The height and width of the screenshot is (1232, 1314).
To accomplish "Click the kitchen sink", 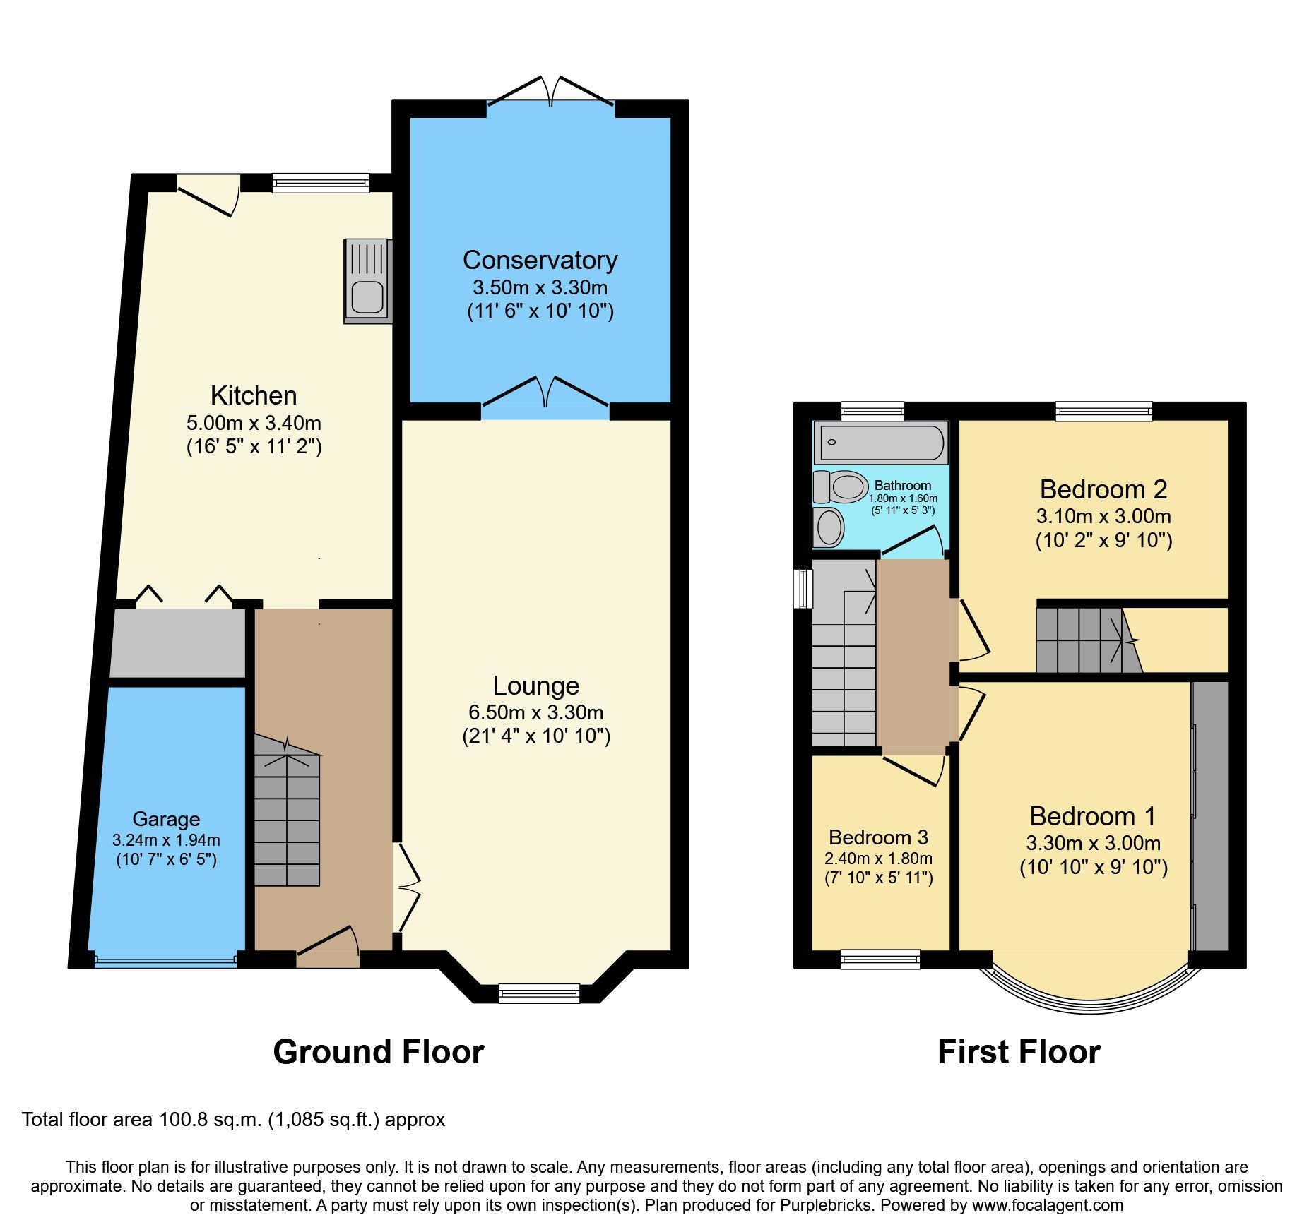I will tap(367, 281).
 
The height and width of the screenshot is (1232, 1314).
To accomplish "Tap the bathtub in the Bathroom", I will tap(880, 443).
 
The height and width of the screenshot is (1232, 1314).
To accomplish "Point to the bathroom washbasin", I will tap(829, 527).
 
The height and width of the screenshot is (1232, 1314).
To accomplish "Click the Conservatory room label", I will tap(540, 260).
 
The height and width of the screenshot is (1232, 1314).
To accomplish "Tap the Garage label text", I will tap(166, 819).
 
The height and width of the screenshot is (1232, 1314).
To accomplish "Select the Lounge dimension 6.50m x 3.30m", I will tap(535, 712).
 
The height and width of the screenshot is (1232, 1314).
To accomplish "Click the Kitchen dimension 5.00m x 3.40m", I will tap(254, 423).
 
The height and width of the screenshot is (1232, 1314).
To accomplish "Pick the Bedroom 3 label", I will tap(878, 837).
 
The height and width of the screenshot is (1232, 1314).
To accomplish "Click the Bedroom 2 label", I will tap(1103, 489).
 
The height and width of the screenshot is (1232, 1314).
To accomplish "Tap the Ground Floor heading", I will tap(378, 1052).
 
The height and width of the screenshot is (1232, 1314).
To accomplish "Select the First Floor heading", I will tap(1018, 1052).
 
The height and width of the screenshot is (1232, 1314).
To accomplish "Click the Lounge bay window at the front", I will tap(539, 993).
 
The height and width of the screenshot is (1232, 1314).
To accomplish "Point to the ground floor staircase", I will tap(287, 819).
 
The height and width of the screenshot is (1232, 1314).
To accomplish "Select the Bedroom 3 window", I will tap(880, 958).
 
